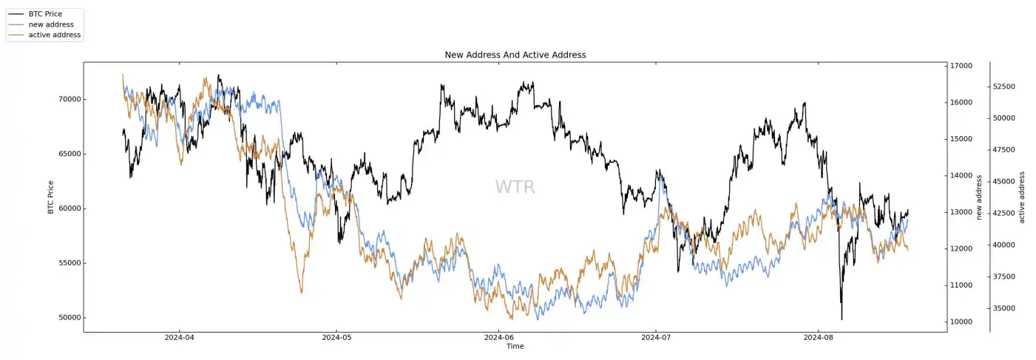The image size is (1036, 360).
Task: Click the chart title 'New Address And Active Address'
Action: (515, 55)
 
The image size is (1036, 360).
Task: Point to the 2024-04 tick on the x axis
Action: (179, 338)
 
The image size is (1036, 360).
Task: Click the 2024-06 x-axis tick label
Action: (498, 338)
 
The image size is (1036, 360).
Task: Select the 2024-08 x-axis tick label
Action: (818, 338)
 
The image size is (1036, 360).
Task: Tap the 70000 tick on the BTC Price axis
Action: (69, 100)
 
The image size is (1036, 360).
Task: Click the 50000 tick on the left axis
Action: (69, 318)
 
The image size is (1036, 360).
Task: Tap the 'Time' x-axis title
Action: (515, 346)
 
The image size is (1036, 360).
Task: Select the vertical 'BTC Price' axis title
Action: (51, 197)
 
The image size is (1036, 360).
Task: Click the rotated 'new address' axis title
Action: (979, 197)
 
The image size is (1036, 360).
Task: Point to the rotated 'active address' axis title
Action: (1022, 197)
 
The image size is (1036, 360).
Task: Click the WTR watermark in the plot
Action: (515, 187)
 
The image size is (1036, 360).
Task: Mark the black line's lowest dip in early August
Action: (842, 319)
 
